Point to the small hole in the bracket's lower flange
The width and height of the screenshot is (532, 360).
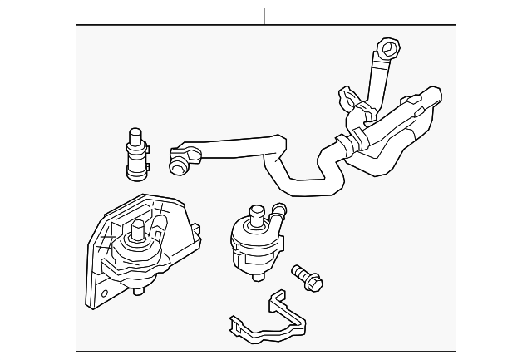pos(102,293)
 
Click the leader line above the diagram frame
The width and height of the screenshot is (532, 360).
pos(264,16)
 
